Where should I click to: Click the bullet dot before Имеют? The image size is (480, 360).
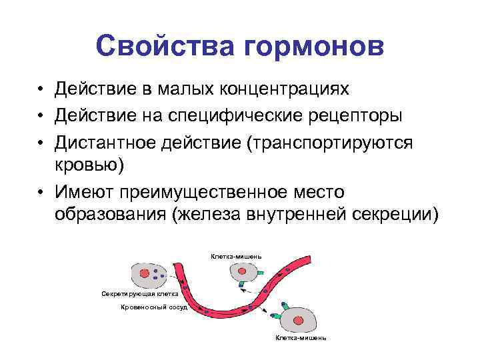[41, 193]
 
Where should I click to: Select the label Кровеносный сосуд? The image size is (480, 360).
[153, 307]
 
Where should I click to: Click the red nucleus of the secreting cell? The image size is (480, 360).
[145, 273]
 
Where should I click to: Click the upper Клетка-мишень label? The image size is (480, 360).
[236, 255]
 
